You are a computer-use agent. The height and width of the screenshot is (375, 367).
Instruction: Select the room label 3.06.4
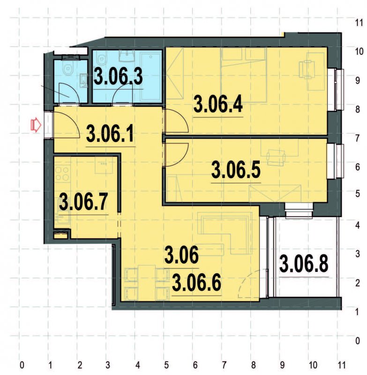click(218, 104)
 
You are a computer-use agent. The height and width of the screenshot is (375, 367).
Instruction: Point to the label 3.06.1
click(111, 135)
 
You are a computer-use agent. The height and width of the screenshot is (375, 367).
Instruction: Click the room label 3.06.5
click(236, 170)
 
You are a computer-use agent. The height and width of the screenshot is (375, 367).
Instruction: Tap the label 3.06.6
click(196, 283)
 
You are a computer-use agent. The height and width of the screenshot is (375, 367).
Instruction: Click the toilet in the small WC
click(68, 69)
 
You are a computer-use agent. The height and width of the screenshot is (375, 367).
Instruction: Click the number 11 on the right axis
click(359, 22)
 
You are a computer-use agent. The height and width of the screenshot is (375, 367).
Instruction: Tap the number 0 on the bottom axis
click(22, 364)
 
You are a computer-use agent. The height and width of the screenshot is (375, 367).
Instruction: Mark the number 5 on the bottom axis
click(166, 364)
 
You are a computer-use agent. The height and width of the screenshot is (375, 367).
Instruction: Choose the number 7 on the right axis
click(358, 138)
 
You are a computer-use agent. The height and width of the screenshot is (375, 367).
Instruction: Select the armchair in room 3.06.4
click(307, 69)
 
